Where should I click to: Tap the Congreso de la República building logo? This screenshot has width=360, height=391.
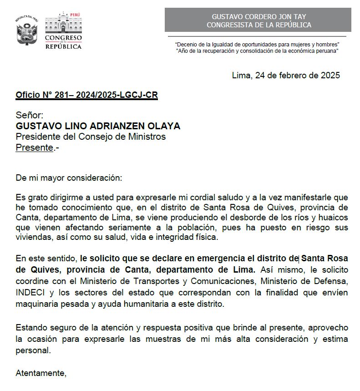click(x=63, y=31)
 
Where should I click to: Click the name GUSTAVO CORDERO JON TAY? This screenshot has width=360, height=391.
click(x=259, y=16)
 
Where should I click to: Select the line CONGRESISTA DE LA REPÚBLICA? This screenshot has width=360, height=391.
click(x=259, y=25)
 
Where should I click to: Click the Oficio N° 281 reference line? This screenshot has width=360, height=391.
click(x=86, y=95)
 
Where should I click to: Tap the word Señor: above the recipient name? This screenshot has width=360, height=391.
click(x=30, y=116)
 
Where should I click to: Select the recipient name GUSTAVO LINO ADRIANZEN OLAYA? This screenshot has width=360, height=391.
click(x=98, y=126)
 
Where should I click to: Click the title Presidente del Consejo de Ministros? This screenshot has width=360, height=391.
click(x=91, y=137)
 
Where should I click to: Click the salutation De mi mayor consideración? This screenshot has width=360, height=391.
click(x=69, y=178)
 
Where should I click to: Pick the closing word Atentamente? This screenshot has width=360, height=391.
click(x=41, y=373)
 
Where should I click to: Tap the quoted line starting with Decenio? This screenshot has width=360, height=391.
click(x=258, y=44)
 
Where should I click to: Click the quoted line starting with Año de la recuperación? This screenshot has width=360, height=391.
click(x=258, y=51)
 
